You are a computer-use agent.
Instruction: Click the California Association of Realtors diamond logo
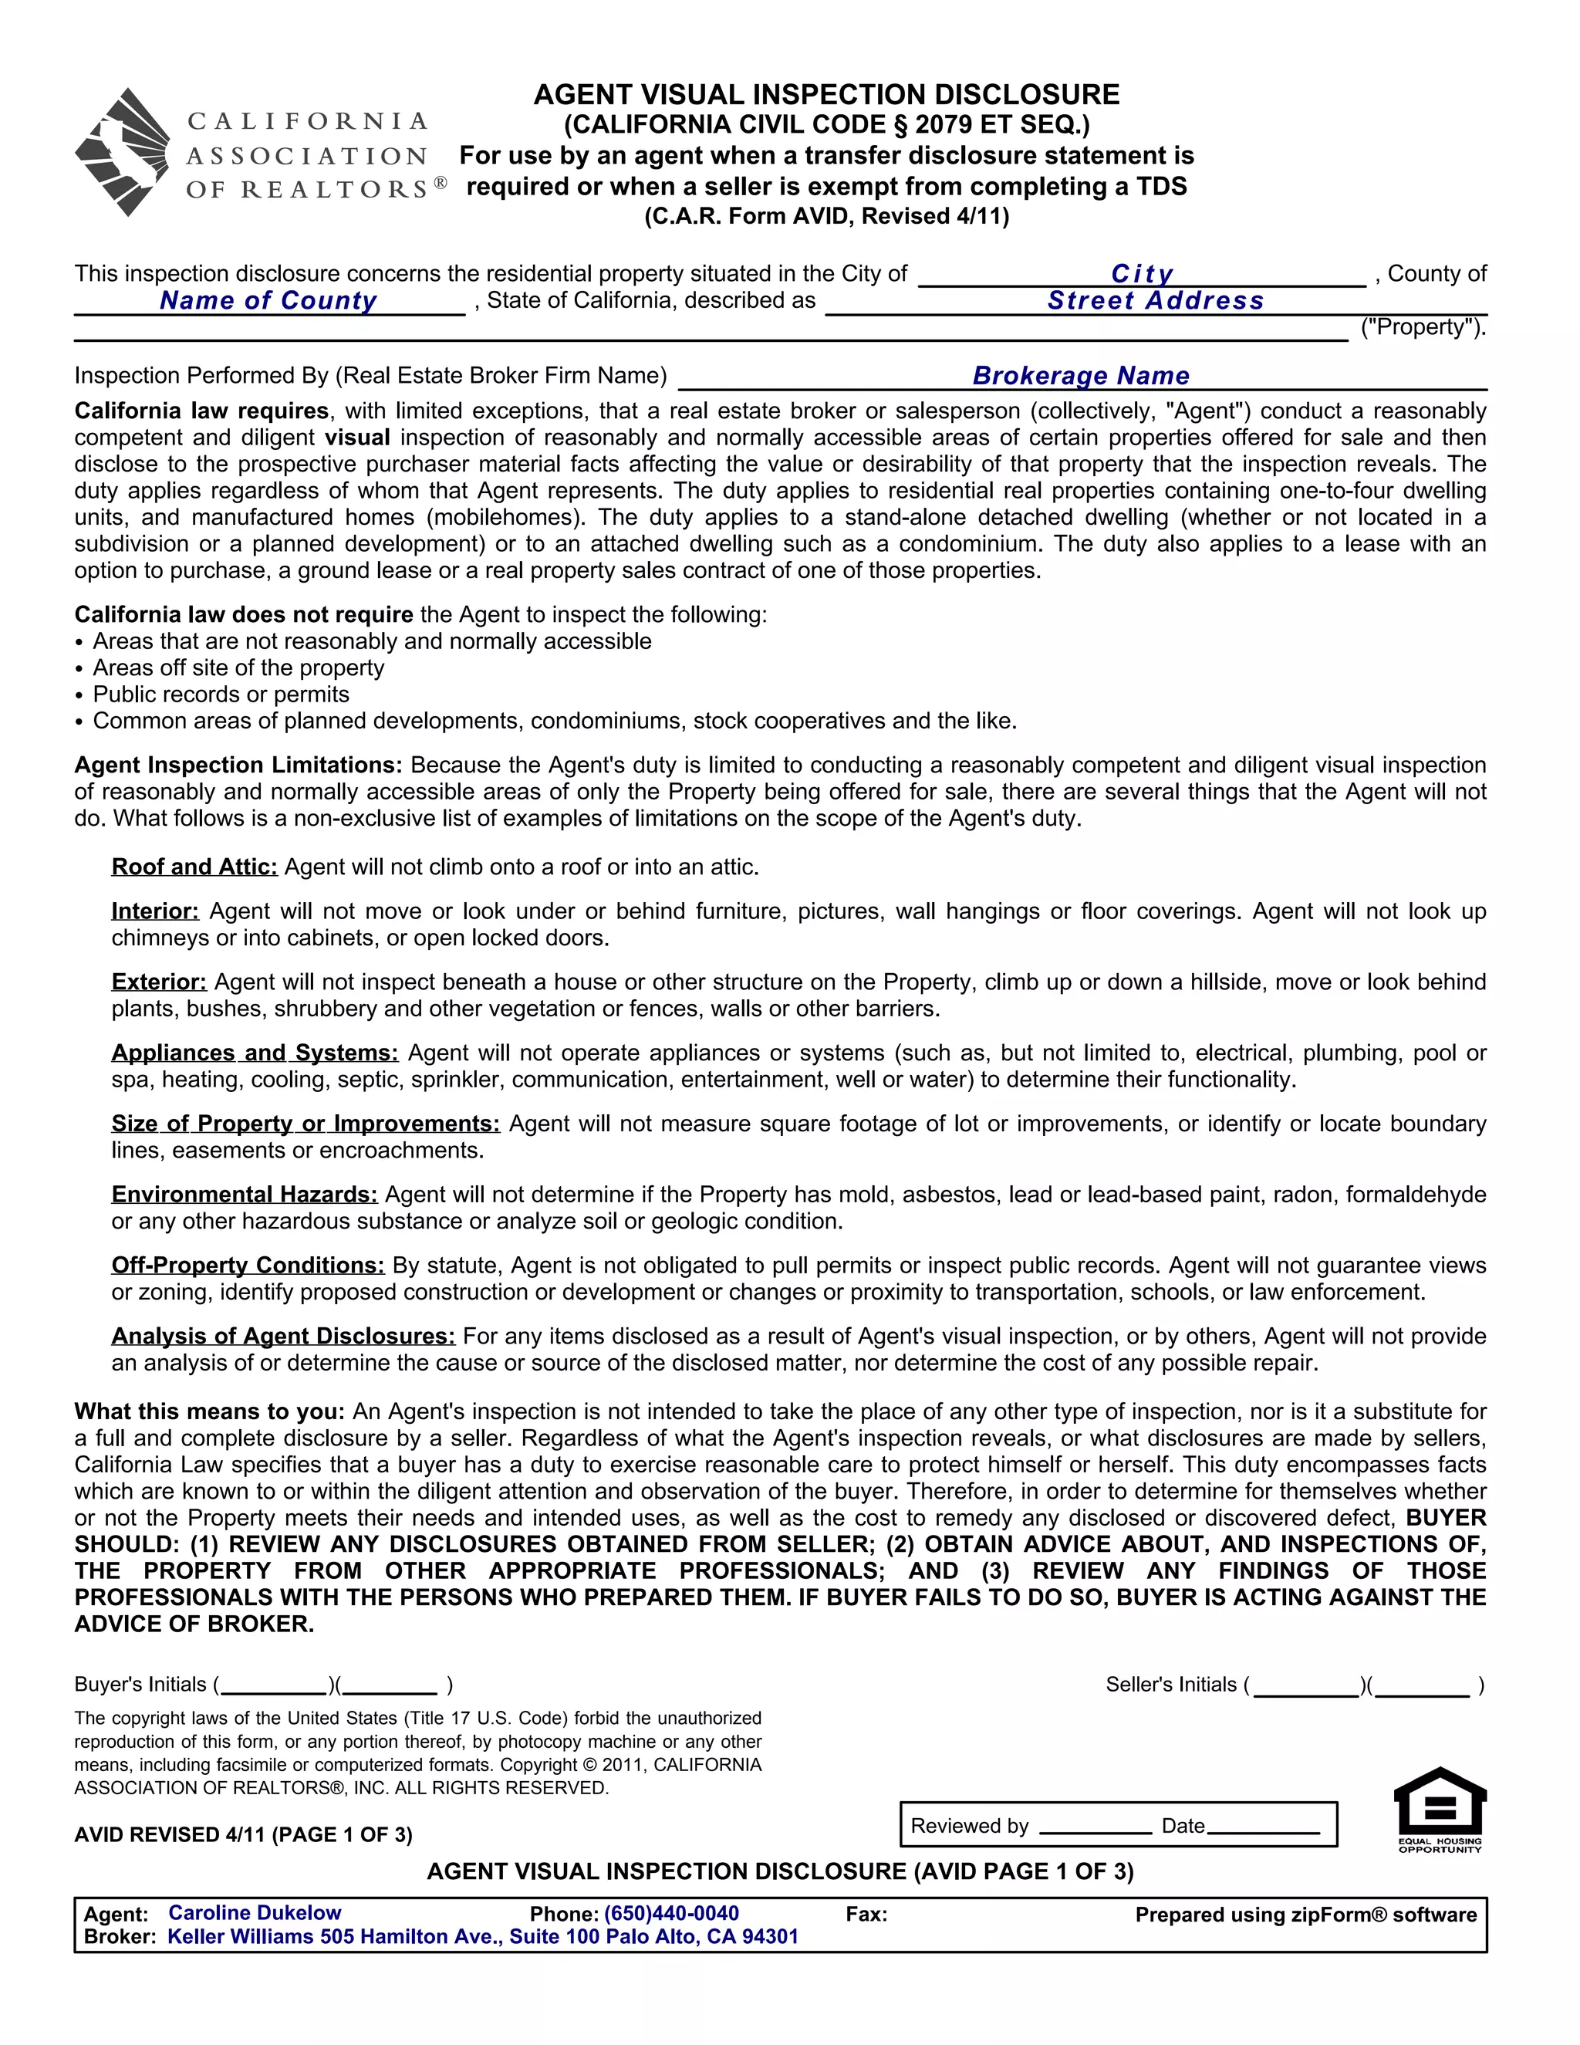click(123, 153)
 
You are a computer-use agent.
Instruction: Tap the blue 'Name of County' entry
click(268, 300)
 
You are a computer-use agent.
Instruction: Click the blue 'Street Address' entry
click(1155, 300)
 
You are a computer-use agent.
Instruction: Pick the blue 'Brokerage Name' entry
click(1081, 376)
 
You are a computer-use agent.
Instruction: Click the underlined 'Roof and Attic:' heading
click(194, 867)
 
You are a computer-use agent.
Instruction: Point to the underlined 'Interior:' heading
click(155, 911)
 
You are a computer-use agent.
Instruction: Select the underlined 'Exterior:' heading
click(159, 982)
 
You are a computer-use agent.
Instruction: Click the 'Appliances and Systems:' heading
click(255, 1053)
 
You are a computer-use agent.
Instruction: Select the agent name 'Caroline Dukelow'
click(255, 1913)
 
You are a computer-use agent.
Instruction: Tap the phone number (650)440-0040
click(671, 1914)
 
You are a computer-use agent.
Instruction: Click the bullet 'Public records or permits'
click(221, 695)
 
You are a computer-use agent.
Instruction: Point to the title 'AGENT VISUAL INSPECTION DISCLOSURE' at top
click(826, 95)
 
